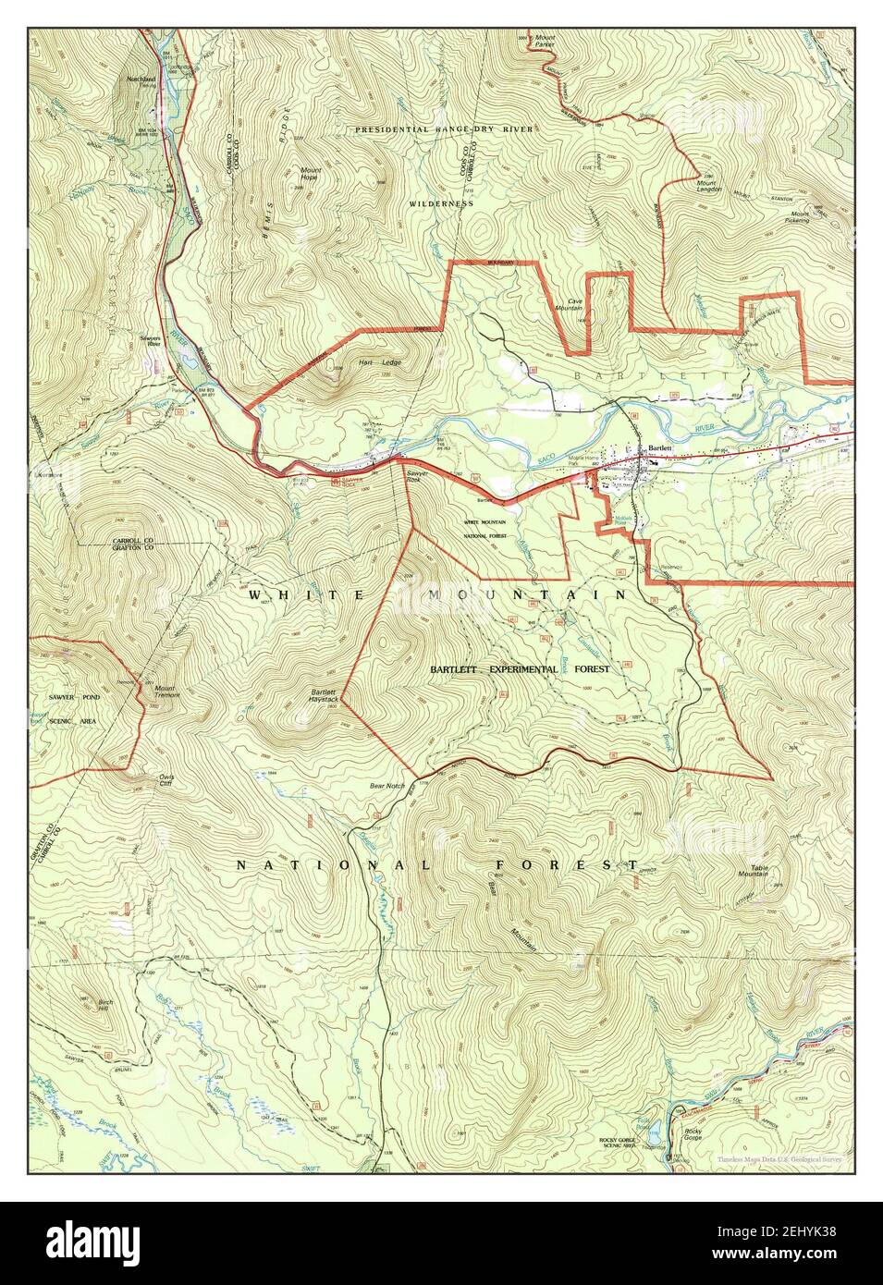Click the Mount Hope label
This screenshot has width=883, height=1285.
pyautogui.click(x=310, y=174)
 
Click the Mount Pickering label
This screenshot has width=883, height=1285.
pyautogui.click(x=797, y=217)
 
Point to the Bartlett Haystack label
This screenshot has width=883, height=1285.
pyautogui.click(x=324, y=695)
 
